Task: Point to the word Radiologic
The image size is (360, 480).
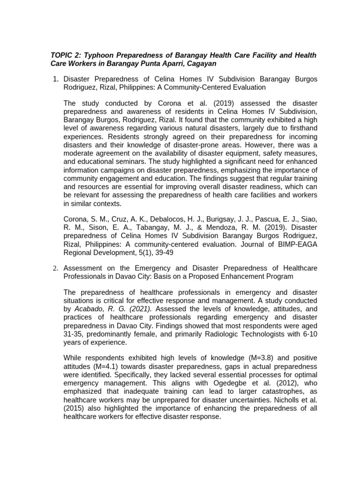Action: [x=209, y=334]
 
